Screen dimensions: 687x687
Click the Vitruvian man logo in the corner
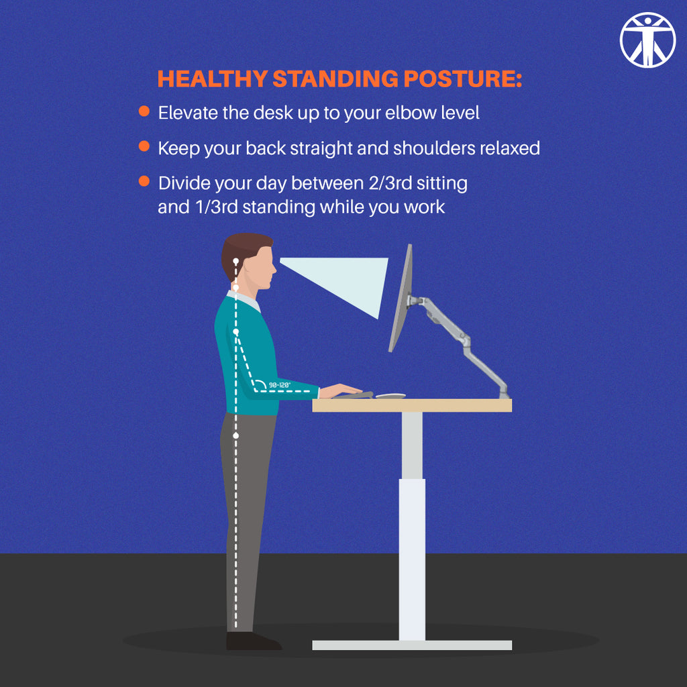click(647, 40)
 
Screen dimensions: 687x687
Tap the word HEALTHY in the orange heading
click(212, 79)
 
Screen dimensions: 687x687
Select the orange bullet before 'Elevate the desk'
click(144, 111)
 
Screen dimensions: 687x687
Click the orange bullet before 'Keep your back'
click(144, 146)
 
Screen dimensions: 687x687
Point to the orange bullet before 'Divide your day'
click(144, 181)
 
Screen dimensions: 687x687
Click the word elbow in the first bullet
click(410, 113)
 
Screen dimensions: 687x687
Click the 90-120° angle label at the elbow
click(278, 385)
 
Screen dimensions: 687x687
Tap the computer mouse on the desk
click(390, 395)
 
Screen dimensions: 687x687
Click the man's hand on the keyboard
click(342, 390)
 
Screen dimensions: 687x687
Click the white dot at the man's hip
click(235, 436)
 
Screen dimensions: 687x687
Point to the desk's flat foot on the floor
click(412, 645)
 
